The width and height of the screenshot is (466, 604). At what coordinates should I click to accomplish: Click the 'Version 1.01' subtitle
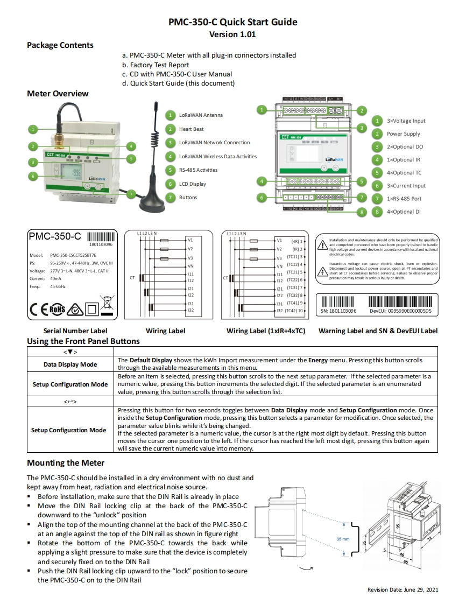point(232,34)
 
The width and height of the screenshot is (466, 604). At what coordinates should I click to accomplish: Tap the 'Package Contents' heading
point(60,45)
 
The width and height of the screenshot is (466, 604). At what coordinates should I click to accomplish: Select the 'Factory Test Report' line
point(159,65)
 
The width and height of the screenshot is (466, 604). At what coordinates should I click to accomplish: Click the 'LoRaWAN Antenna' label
point(201,115)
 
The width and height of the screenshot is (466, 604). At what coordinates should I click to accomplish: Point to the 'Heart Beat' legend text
point(192,129)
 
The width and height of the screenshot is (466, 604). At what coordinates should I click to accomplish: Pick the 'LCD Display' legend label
point(193,184)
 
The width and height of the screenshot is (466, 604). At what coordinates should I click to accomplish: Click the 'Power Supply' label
point(403,134)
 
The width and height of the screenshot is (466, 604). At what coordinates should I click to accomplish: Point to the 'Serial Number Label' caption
point(75,331)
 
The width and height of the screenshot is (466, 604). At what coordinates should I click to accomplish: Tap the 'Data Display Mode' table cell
point(70,364)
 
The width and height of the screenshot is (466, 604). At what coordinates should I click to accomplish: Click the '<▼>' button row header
point(70,352)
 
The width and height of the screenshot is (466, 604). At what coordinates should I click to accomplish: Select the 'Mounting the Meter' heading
point(66,463)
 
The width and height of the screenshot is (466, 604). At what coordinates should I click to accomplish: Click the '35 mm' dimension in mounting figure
point(343,538)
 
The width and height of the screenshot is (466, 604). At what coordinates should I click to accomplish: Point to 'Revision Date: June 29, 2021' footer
point(403,590)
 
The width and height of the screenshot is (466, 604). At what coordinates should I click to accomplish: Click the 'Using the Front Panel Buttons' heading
point(83,341)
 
